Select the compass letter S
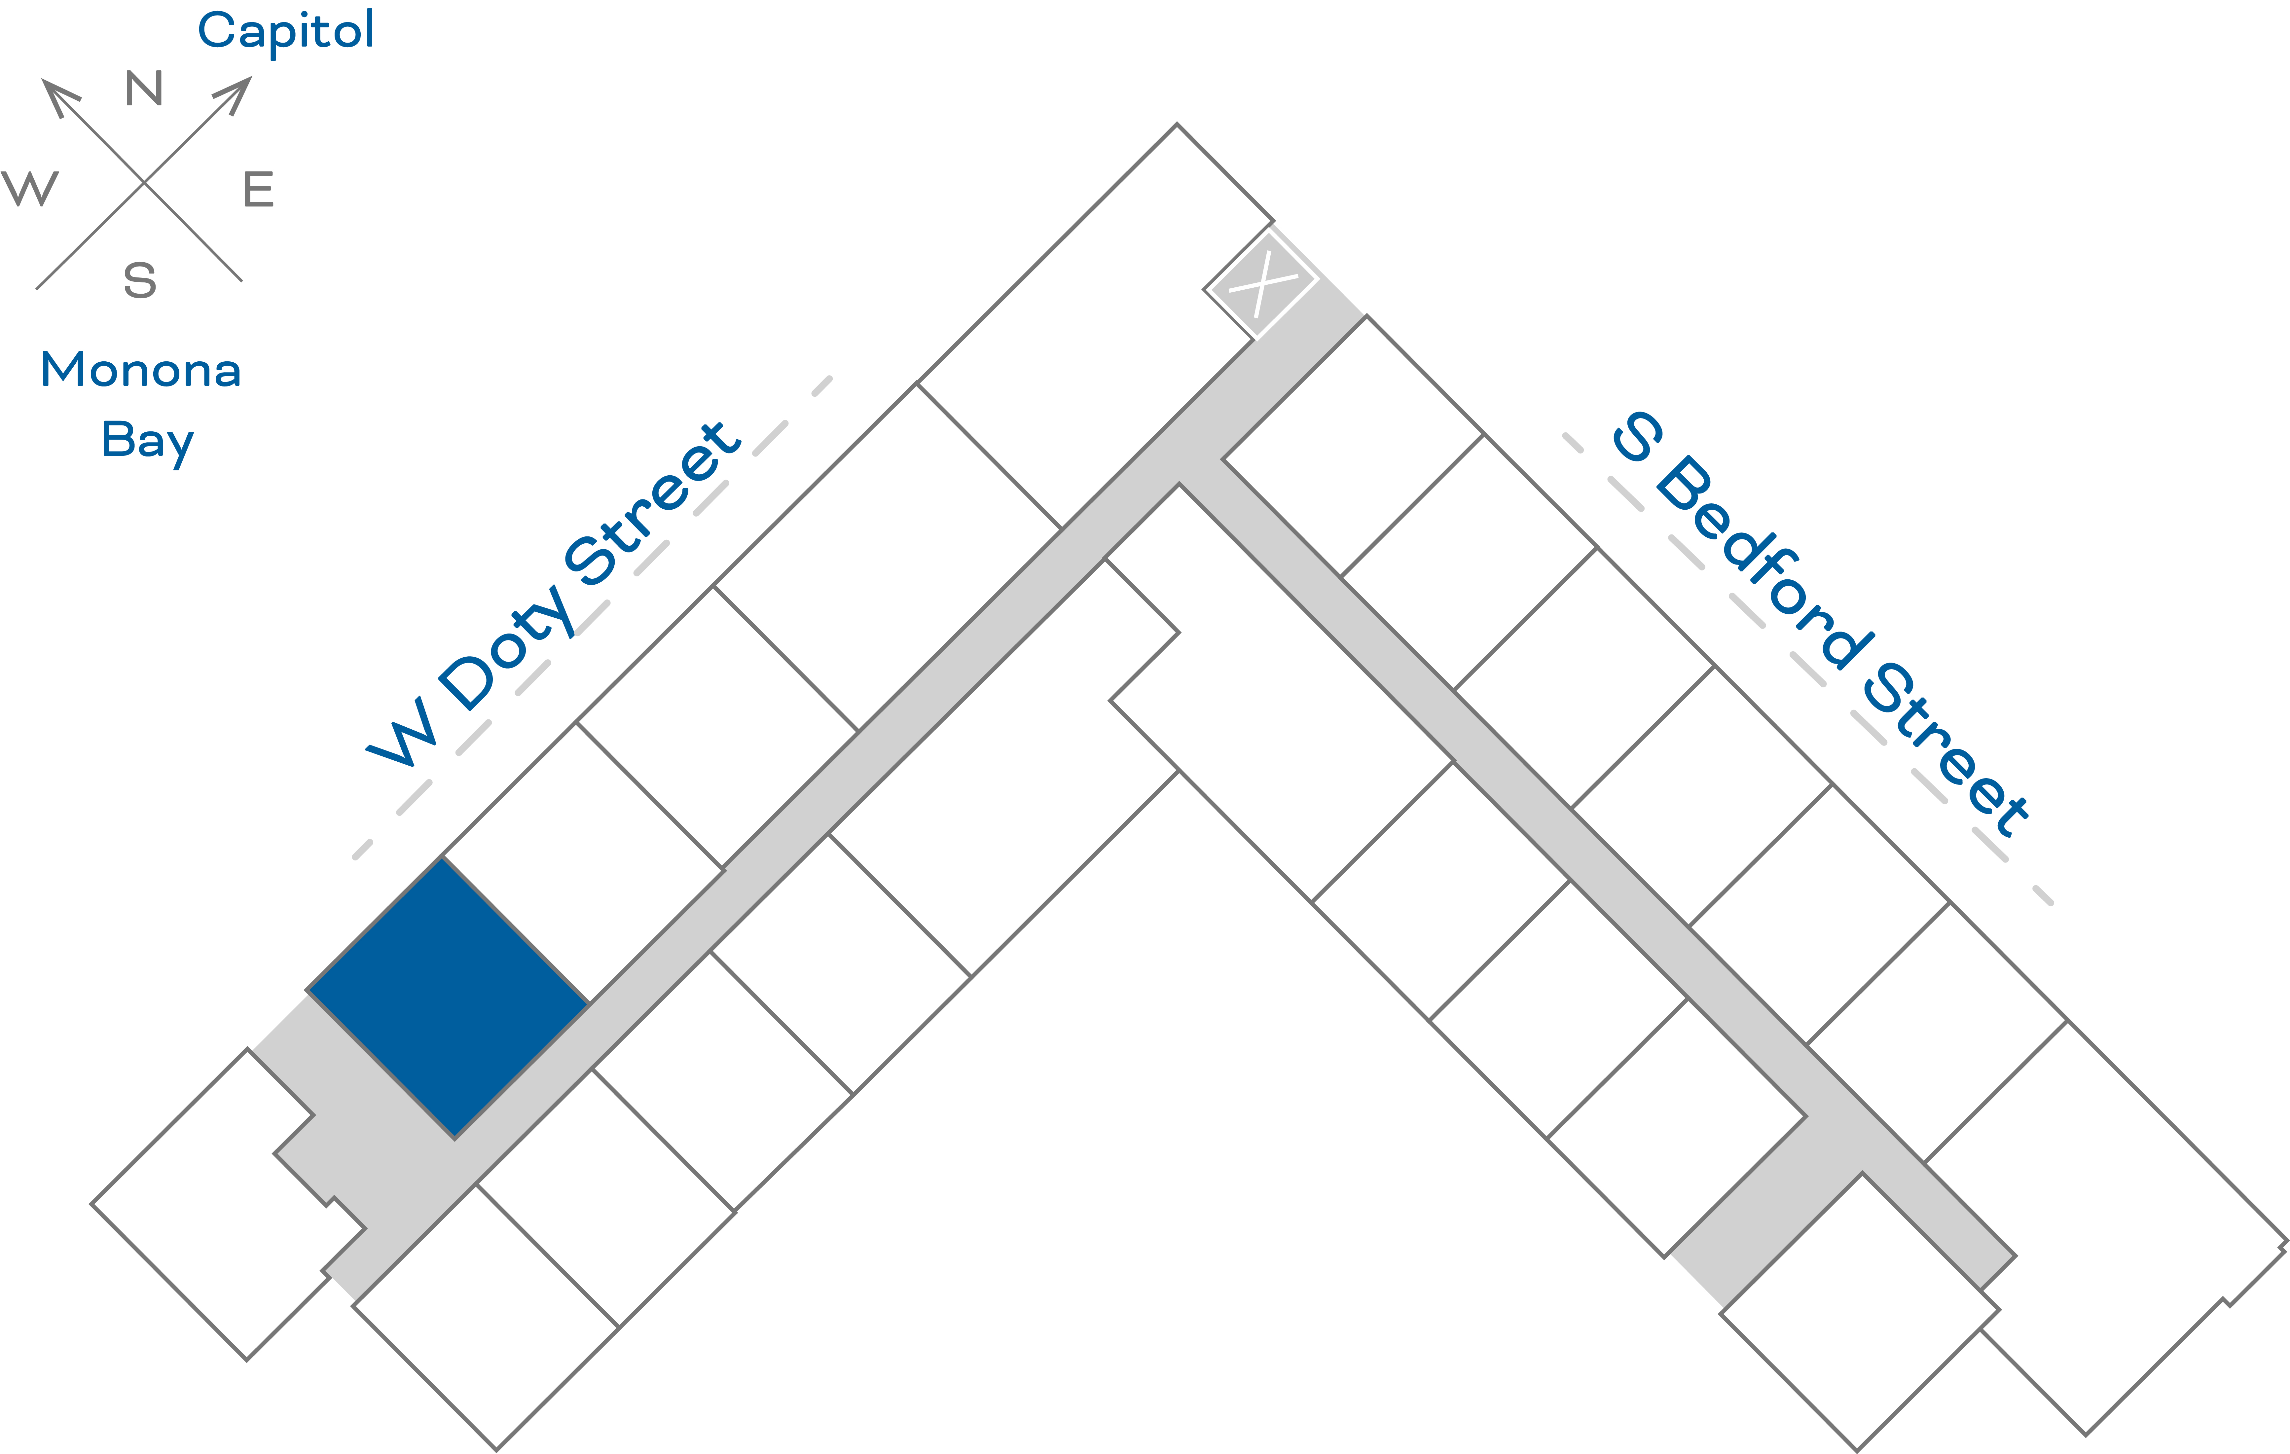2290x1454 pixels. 140,280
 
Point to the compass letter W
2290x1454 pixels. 30,188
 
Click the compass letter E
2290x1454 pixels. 259,189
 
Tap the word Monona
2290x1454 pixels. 141,370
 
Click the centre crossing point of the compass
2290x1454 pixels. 144,182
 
